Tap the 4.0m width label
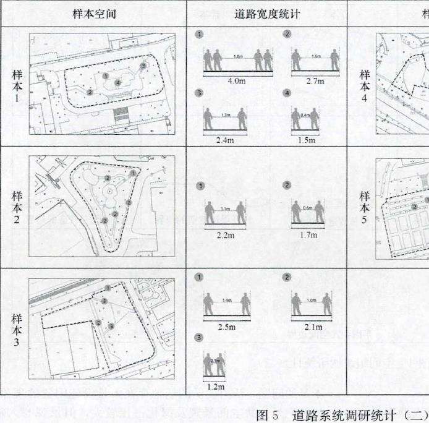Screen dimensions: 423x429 [x=221, y=80]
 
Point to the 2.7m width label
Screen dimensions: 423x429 [x=315, y=80]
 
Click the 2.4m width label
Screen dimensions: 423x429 [x=225, y=140]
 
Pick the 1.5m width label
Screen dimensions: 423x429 [x=307, y=140]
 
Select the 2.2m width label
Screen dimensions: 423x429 [x=225, y=235]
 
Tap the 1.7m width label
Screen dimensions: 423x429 [x=308, y=235]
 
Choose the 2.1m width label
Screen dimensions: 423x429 [x=314, y=327]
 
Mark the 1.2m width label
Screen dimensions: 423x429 [x=215, y=387]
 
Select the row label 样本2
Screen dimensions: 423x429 [x=17, y=207]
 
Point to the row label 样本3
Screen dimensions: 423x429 [x=17, y=331]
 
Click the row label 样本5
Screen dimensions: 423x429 [x=365, y=207]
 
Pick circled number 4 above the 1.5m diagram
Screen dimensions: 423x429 [x=287, y=93]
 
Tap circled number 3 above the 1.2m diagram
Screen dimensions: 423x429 [x=198, y=338]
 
